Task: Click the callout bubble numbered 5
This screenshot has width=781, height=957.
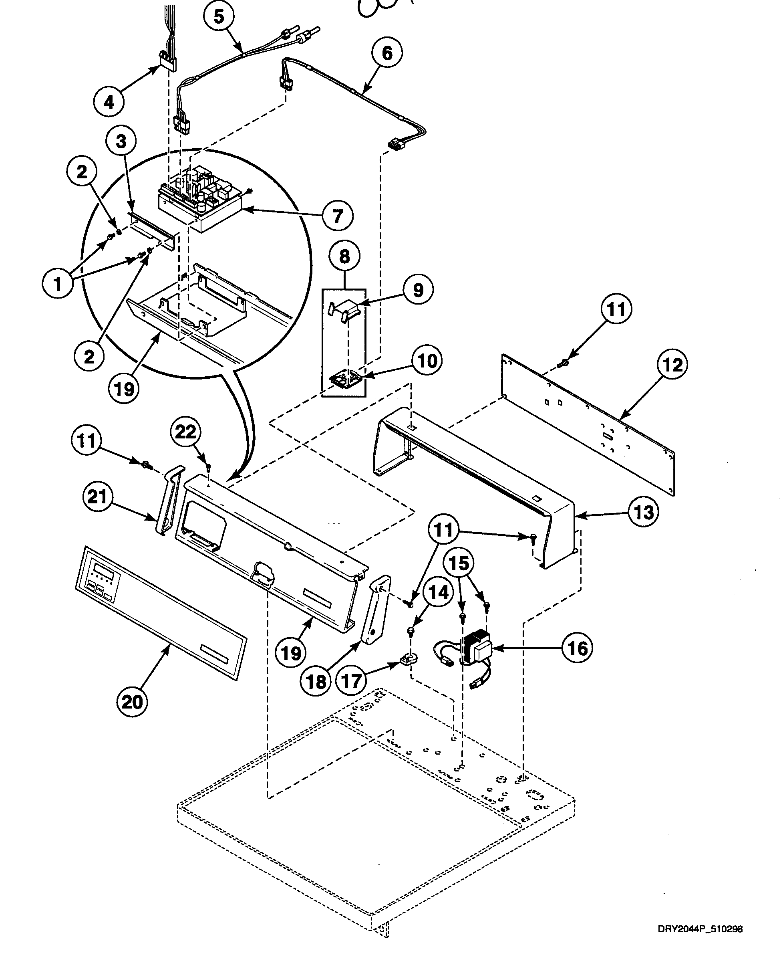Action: coord(219,17)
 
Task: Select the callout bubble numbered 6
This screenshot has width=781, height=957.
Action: coord(387,53)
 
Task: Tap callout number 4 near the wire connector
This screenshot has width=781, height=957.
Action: coord(109,102)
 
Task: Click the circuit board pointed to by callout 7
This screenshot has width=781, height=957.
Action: coord(198,198)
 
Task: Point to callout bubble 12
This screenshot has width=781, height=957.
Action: coord(672,365)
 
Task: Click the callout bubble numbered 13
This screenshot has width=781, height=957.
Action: coord(643,512)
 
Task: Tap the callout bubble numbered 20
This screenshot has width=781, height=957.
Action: coord(132,702)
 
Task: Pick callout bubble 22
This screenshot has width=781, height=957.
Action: coord(185,432)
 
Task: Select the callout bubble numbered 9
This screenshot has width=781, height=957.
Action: coord(418,290)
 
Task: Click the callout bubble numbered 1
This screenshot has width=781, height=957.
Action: coord(58,284)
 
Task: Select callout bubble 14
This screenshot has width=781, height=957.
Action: coord(438,592)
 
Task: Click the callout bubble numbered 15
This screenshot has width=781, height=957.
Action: coord(459,563)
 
